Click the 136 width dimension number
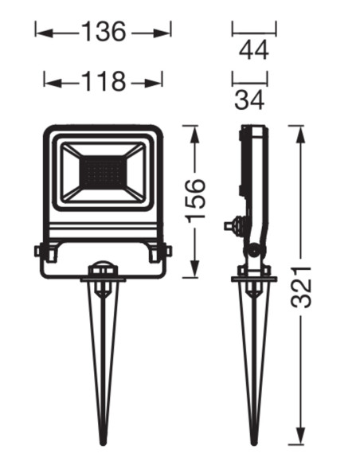pos(104,32)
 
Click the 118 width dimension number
pos(104,81)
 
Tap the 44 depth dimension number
pos(254,50)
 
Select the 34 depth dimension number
pos(249,100)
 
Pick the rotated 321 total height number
pos(301,287)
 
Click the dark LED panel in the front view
pos(104,173)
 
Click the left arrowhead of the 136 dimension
pos(44,33)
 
